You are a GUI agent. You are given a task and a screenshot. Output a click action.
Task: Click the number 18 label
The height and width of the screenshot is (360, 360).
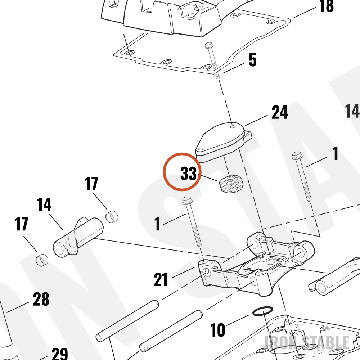(x=327, y=6)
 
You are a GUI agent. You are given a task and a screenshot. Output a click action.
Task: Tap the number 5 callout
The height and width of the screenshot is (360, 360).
(x=253, y=60)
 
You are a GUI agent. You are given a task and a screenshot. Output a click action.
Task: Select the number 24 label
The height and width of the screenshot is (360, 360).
(x=280, y=112)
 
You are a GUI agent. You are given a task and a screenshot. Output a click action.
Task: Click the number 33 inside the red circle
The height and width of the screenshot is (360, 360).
(x=189, y=174)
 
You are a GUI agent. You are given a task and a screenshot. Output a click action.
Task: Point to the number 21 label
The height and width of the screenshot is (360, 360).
(x=161, y=279)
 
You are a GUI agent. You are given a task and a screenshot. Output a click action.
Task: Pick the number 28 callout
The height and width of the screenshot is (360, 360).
(x=41, y=299)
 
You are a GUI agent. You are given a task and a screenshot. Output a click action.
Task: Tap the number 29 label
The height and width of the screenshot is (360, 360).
(x=60, y=354)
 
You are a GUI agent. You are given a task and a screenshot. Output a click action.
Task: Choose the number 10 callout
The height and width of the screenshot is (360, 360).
(x=218, y=330)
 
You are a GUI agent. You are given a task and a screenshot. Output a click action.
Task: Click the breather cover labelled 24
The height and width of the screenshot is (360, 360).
(x=224, y=142)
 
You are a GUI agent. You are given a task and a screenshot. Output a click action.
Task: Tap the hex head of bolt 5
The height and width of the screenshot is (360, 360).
(x=209, y=45)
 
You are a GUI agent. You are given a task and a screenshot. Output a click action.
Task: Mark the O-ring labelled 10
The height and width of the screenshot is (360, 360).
(x=263, y=311)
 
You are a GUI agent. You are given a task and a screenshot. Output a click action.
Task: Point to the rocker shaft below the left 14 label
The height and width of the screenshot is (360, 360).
(x=78, y=237)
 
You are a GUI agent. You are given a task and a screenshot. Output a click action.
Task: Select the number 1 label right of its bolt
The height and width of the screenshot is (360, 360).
(x=336, y=153)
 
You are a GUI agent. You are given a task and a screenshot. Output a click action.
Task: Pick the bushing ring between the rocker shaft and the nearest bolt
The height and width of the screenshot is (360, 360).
(x=112, y=216)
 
